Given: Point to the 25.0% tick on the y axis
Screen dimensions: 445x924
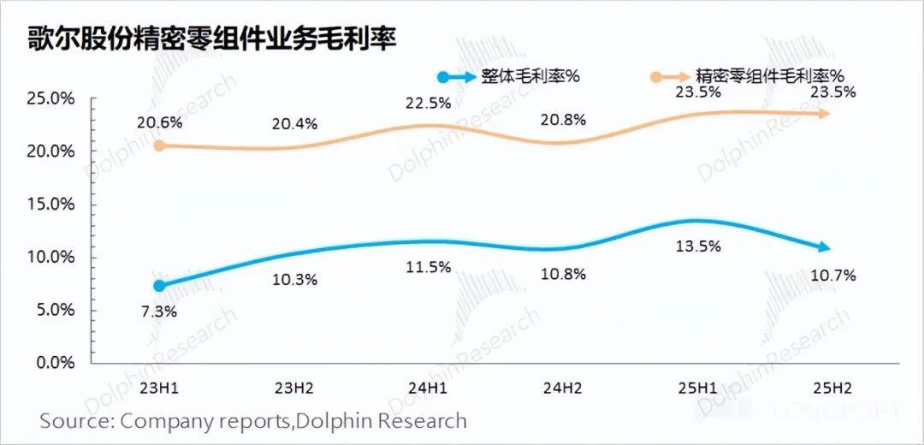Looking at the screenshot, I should (51, 98).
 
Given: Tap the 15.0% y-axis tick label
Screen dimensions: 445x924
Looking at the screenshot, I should (51, 205).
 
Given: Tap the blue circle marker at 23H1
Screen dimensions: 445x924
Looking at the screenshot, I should (159, 285).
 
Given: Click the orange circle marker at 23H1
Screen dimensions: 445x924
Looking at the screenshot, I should (159, 145).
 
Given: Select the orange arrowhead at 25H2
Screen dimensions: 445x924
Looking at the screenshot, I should (823, 113).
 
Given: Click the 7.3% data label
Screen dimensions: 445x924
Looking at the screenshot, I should (159, 311).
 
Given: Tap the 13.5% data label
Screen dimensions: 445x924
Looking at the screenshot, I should (698, 246).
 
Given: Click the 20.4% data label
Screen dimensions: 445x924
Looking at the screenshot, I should (295, 123).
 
